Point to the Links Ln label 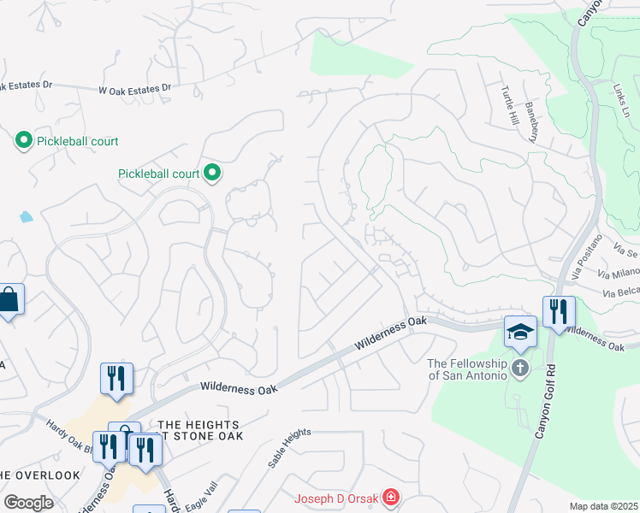coord(621,101)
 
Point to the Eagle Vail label coord(203,492)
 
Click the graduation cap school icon coord(520,331)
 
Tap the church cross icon coord(520,369)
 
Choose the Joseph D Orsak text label coord(336,498)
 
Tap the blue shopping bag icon coord(9,299)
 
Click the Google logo coord(28,503)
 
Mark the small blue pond coord(27,216)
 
